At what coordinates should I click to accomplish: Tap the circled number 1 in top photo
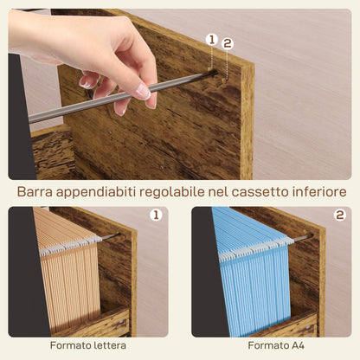coord(211,39)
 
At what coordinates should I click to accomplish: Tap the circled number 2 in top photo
coord(228,43)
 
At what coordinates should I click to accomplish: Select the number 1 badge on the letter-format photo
coord(156,215)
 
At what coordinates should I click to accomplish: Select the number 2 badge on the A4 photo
coord(339,215)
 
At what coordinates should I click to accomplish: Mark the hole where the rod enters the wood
coord(212,75)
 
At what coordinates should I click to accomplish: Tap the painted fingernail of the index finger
coord(141,90)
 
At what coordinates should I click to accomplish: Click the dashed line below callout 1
coord(211,59)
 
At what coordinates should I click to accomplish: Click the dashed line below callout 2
coord(228,65)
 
